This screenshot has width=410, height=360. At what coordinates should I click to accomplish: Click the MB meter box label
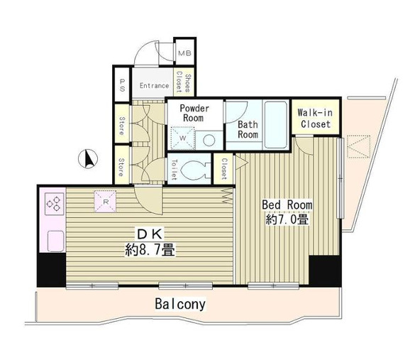click(x=184, y=53)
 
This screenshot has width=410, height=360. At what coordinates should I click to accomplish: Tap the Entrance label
click(x=154, y=86)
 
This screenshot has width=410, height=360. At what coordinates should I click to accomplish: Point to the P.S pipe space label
click(x=122, y=85)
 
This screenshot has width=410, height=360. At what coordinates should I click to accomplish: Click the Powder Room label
click(x=194, y=113)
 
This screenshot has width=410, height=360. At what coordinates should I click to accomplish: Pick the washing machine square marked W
click(x=182, y=138)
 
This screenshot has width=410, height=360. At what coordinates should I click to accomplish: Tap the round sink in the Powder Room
click(x=209, y=141)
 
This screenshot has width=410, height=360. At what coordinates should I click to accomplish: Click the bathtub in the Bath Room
click(x=276, y=125)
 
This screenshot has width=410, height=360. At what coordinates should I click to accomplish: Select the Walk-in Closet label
click(x=315, y=119)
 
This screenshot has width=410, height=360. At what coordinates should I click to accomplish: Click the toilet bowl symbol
click(x=195, y=169)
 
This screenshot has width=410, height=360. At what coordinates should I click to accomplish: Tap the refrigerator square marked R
click(x=105, y=202)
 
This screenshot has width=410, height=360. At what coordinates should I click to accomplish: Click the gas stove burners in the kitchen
click(x=55, y=204)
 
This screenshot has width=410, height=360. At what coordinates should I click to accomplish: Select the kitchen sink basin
click(x=55, y=241)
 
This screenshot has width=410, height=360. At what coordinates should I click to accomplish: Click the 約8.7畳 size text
click(x=150, y=249)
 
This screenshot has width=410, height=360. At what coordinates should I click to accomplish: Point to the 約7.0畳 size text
click(x=287, y=219)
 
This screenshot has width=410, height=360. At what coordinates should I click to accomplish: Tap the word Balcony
click(x=180, y=304)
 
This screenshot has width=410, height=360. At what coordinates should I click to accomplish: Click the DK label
click(x=150, y=234)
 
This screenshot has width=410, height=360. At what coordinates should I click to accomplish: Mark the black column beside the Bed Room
click(x=325, y=271)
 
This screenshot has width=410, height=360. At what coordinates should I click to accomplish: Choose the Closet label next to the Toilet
click(x=224, y=169)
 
